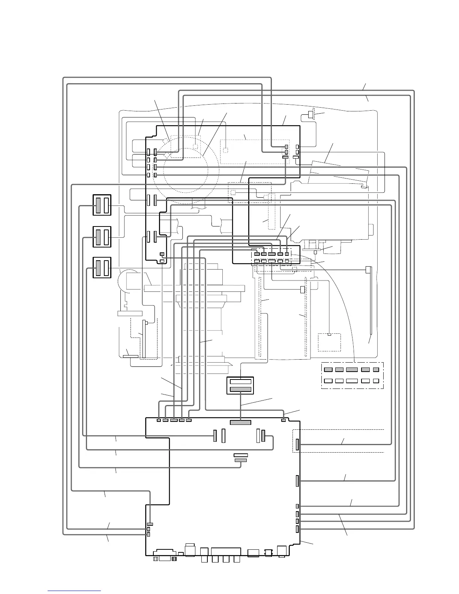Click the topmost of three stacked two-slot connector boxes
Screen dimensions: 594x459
pyautogui.click(x=102, y=205)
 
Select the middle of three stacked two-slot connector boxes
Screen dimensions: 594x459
pyautogui.click(x=102, y=237)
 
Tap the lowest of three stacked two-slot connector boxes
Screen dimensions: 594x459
pyautogui.click(x=102, y=267)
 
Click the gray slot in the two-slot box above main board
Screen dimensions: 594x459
pyautogui.click(x=240, y=390)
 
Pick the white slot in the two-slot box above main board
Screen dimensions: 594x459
pyautogui.click(x=240, y=381)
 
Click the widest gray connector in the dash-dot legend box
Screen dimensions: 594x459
pyautogui.click(x=352, y=369)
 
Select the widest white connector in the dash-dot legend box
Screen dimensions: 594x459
pyautogui.click(x=352, y=381)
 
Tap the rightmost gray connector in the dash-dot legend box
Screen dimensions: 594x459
pyautogui.click(x=376, y=369)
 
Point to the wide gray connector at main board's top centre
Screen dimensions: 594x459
pyautogui.click(x=240, y=423)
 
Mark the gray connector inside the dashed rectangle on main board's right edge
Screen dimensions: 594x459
pyautogui.click(x=297, y=444)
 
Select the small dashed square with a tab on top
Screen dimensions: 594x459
pyautogui.click(x=329, y=342)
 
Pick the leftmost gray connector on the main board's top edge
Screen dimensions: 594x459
pyautogui.click(x=159, y=420)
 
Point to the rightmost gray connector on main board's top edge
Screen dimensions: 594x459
pyautogui.click(x=283, y=420)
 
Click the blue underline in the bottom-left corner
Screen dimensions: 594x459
pyautogui.click(x=74, y=590)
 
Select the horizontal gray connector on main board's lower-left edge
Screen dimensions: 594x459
pyautogui.click(x=150, y=523)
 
